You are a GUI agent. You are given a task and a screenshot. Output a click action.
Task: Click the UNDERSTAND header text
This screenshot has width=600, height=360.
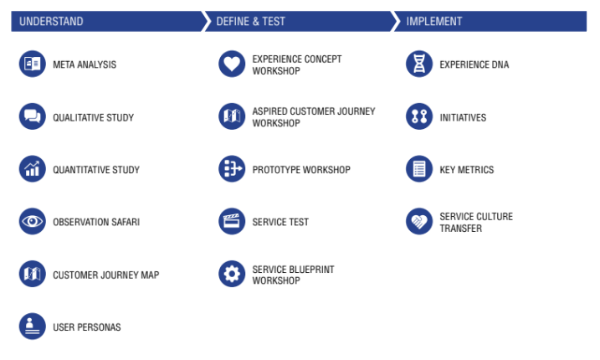click(x=51, y=22)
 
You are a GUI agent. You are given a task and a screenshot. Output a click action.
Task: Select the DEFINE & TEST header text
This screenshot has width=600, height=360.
click(x=250, y=22)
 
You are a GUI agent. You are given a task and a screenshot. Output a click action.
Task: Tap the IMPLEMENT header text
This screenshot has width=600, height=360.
click(x=434, y=22)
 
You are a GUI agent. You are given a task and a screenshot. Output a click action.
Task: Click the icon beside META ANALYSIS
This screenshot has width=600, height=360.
click(x=33, y=64)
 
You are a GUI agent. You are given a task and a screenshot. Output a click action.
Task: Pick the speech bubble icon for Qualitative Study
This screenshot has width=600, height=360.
click(x=33, y=117)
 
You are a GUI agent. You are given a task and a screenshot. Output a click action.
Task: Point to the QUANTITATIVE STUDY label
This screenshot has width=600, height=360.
click(x=96, y=170)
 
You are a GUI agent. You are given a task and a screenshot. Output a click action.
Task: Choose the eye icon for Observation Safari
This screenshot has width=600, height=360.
click(x=33, y=222)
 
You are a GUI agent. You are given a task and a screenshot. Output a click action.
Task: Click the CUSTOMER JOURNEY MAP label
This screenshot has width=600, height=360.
click(x=105, y=275)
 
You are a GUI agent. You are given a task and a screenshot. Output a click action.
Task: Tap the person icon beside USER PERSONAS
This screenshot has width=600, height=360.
click(x=33, y=327)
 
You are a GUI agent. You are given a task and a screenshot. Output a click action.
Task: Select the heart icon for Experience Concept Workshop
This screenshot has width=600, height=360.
click(x=232, y=64)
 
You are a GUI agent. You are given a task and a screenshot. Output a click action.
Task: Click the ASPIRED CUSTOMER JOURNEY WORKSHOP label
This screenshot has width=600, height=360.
click(x=314, y=117)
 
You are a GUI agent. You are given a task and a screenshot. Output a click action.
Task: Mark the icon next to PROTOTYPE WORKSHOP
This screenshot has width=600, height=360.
click(x=232, y=170)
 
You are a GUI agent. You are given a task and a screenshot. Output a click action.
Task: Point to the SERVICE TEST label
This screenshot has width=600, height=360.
click(x=280, y=222)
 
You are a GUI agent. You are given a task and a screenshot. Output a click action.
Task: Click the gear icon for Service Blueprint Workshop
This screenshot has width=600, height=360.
click(x=232, y=275)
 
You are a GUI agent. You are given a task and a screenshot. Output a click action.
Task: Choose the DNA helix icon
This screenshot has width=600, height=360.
click(x=419, y=64)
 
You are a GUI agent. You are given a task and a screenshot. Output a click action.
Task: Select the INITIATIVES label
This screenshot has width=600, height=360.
click(x=463, y=118)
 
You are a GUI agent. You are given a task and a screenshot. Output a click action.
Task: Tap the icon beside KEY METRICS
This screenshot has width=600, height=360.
click(x=419, y=170)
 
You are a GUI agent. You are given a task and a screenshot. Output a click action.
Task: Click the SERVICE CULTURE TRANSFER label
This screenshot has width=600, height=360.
click(x=476, y=222)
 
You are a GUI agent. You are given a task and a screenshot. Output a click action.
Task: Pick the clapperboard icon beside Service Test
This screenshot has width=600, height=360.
click(x=232, y=222)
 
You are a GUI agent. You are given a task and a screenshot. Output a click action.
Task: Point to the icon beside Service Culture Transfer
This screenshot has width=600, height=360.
click(x=419, y=222)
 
